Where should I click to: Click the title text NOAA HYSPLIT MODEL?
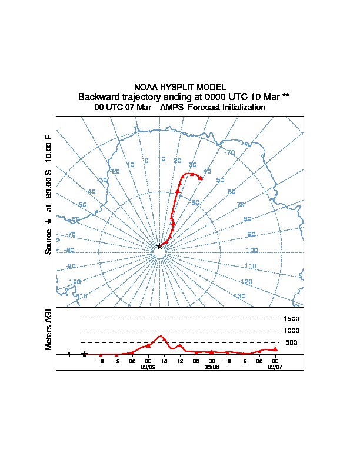[180, 87]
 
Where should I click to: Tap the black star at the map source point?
[159, 247]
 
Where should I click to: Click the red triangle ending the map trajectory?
[201, 178]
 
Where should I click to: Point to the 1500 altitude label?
[292, 319]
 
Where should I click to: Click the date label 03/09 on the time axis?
[148, 367]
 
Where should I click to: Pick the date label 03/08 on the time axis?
[212, 367]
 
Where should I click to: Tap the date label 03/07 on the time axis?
[275, 367]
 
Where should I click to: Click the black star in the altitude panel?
[85, 354]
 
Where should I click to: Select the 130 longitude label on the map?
[239, 296]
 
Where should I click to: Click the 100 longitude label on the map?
[251, 250]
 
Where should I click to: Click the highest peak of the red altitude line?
[161, 336]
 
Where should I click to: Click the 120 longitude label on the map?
[246, 282]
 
